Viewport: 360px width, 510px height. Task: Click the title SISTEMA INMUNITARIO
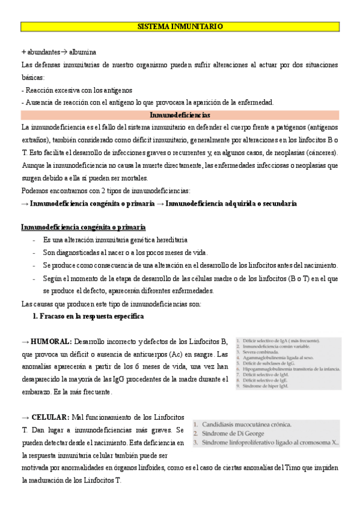[x=180, y=27]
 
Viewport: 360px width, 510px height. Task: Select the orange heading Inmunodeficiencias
[x=180, y=115]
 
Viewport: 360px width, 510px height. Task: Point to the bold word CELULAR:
[x=50, y=417]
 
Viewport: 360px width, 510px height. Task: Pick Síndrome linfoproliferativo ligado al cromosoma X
[x=270, y=443]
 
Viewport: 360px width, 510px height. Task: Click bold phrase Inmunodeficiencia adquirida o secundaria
[x=232, y=204]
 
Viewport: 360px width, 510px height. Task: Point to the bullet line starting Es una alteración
[x=115, y=239]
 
